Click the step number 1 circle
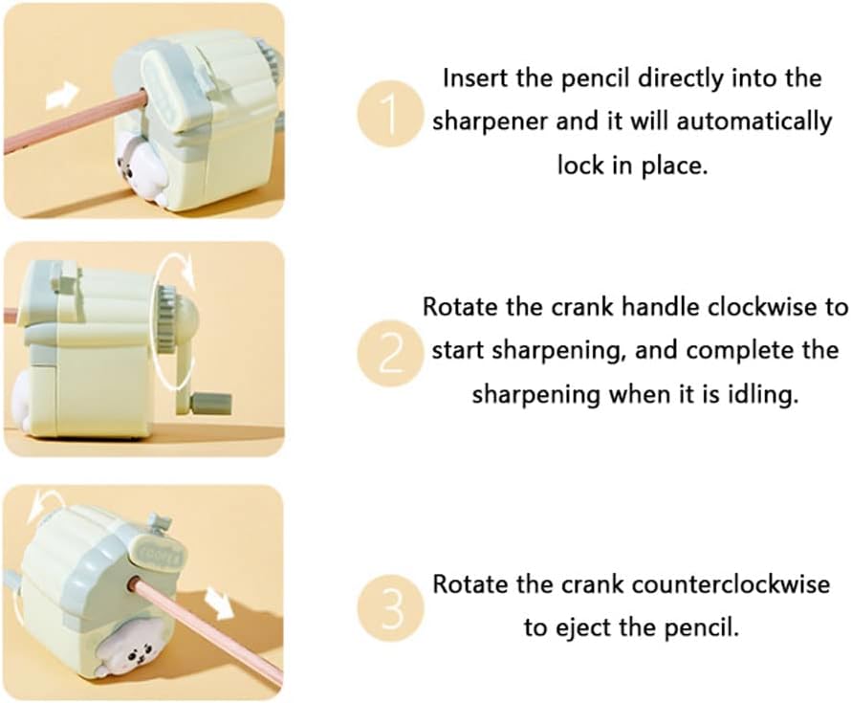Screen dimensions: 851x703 click(x=390, y=113)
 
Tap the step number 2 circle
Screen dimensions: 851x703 click(x=390, y=353)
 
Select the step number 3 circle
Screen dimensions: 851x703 click(x=390, y=607)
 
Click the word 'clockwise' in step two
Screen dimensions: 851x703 click(x=764, y=308)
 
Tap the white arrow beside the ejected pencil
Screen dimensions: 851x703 click(x=220, y=604)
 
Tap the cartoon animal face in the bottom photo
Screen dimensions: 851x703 click(x=134, y=654)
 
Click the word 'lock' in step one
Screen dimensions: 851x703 click(x=579, y=165)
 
